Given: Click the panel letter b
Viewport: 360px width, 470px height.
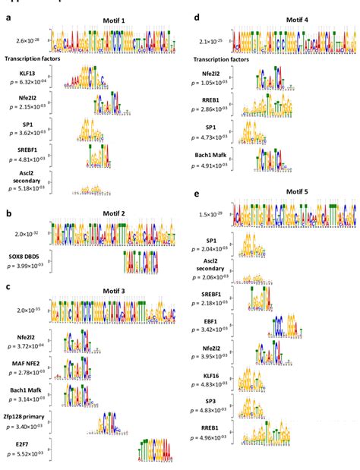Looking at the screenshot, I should coord(7,214).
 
